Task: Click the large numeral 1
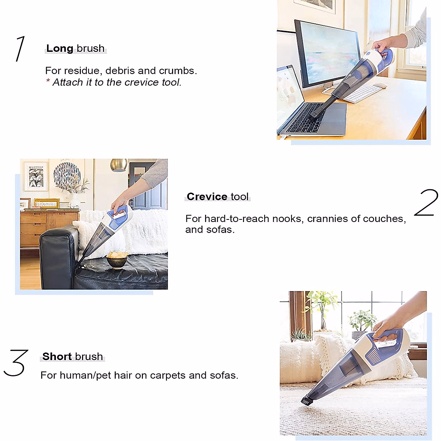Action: [x=21, y=49]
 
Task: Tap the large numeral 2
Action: [x=426, y=203]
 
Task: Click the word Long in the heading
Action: [x=60, y=49]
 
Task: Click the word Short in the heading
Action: [x=57, y=356]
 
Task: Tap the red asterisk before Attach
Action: [x=48, y=81]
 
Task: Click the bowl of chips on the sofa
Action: [x=117, y=259]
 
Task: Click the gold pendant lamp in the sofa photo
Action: [x=119, y=165]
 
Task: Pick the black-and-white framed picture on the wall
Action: [x=36, y=176]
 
